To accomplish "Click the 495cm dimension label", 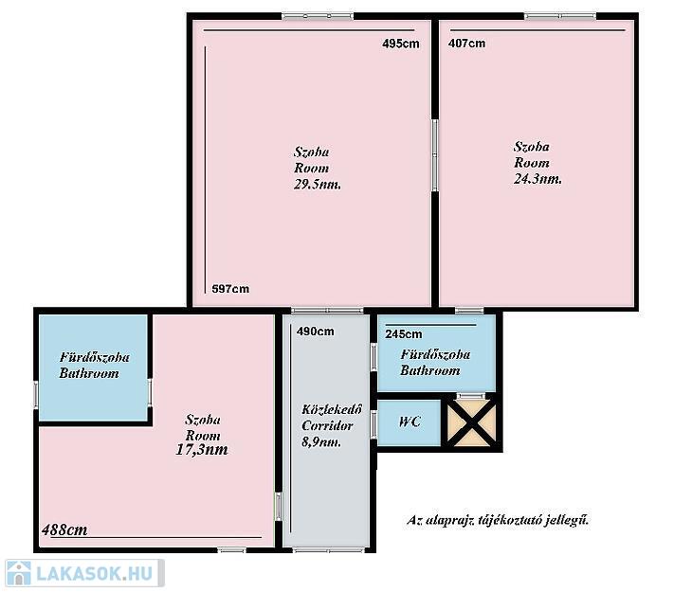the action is (x=401, y=44).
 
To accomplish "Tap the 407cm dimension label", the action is (x=466, y=44).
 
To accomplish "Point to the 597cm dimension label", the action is (x=230, y=289).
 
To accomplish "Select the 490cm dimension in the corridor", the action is (x=315, y=332).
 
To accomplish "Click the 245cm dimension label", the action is (x=404, y=334).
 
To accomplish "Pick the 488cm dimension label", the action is (x=64, y=529).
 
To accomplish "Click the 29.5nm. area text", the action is (x=318, y=185).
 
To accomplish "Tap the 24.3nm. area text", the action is (x=537, y=179).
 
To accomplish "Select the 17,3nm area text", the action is (x=202, y=450).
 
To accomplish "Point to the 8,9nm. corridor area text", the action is (x=321, y=441).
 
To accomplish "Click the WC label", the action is (x=410, y=422).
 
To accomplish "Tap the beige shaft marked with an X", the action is (x=471, y=423).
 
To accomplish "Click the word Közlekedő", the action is (x=332, y=409).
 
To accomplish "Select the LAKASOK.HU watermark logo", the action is (x=84, y=573).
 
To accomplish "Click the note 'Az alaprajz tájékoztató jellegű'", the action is (x=498, y=520).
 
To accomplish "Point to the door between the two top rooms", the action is (x=435, y=155).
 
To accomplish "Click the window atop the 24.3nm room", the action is (x=560, y=16).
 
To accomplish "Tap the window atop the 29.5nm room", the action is (x=318, y=16).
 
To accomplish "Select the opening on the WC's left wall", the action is (x=373, y=424).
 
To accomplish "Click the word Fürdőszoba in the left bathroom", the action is (x=95, y=357).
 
